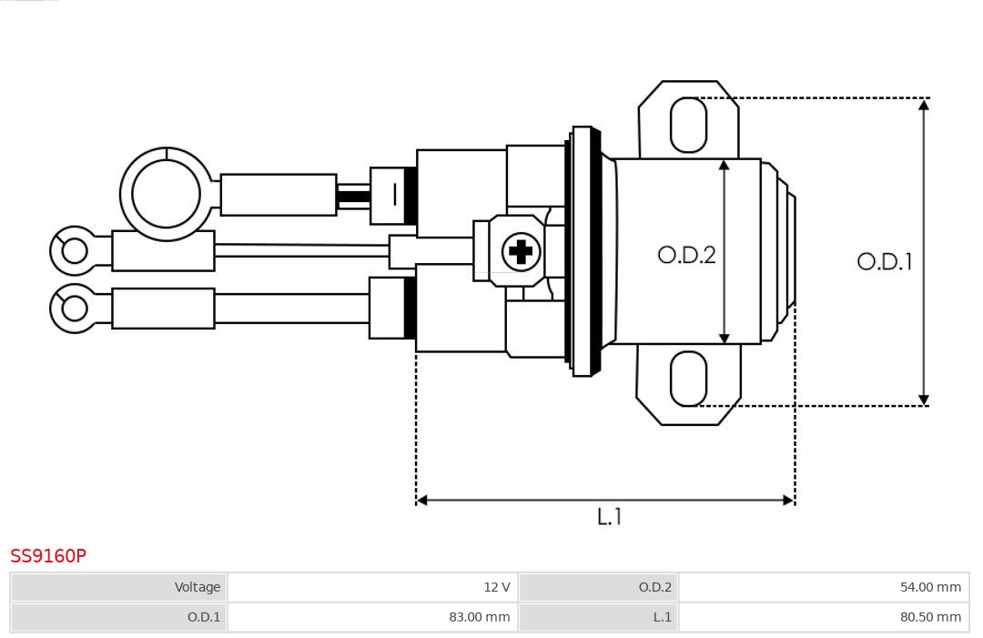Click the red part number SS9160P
click(48, 556)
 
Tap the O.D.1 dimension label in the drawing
click(884, 262)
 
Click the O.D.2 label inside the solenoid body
click(686, 255)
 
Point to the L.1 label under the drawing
click(609, 517)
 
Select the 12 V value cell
click(372, 587)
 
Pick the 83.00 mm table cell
click(372, 617)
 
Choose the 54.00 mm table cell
click(824, 587)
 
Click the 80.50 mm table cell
click(824, 617)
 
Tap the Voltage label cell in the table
click(118, 587)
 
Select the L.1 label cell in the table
click(598, 617)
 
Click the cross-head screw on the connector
click(521, 251)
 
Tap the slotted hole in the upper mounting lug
click(688, 125)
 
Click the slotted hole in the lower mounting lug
click(688, 379)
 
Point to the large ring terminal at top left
click(166, 194)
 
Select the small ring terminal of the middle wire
click(74, 250)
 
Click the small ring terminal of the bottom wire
click(74, 309)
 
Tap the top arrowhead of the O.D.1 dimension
click(923, 105)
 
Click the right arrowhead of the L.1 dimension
click(788, 500)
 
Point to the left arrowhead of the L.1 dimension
click(422, 500)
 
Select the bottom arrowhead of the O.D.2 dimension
click(724, 339)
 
